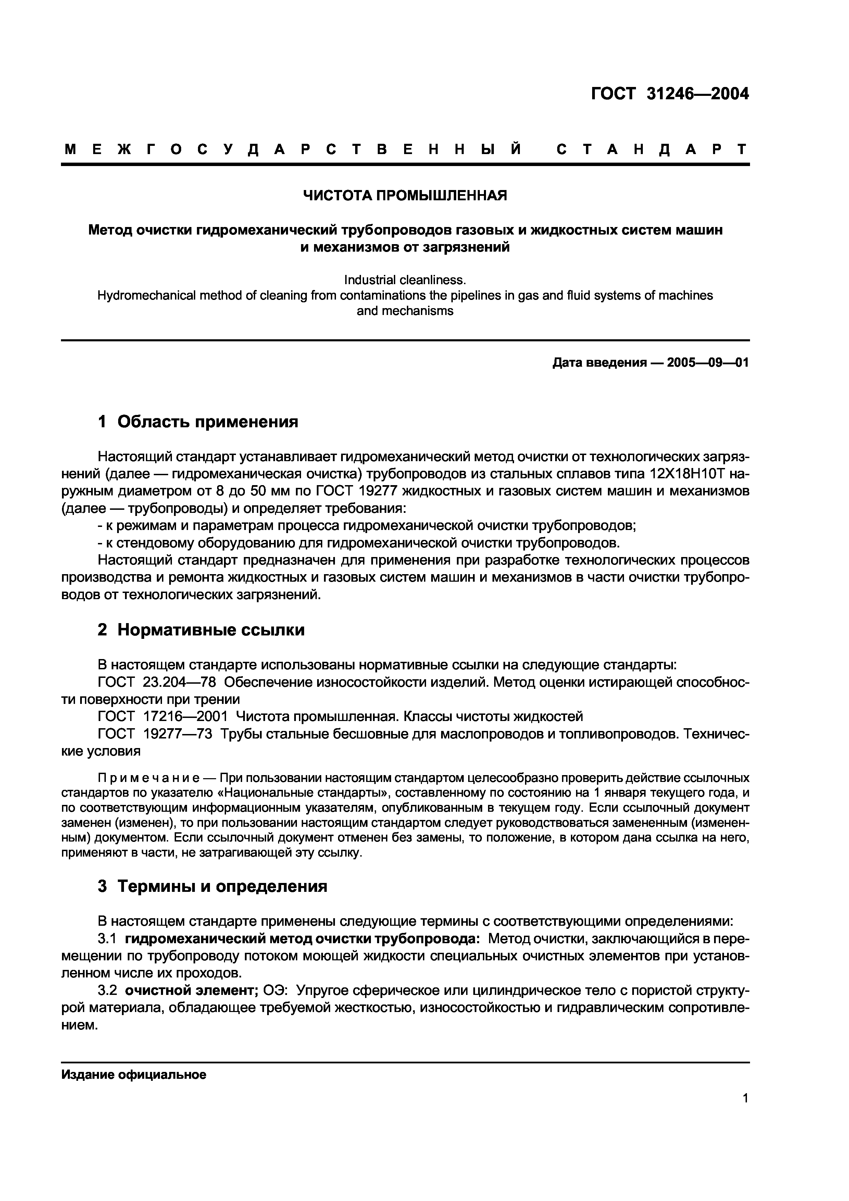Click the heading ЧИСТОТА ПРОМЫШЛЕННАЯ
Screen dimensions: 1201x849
pyautogui.click(x=405, y=195)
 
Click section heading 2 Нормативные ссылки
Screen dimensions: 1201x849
pyautogui.click(x=201, y=630)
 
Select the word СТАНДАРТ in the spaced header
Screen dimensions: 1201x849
pyautogui.click(x=651, y=150)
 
